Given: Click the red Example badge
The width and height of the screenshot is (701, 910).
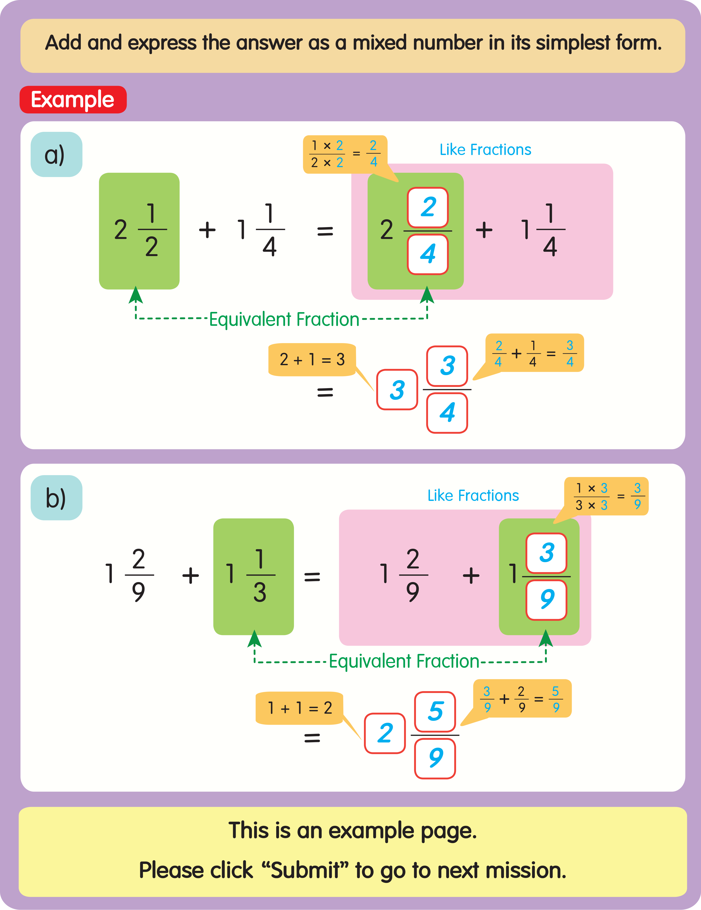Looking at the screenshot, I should [x=73, y=100].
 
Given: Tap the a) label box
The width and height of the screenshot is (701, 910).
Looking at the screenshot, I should [x=56, y=155].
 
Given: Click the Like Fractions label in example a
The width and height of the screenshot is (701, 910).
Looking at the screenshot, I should [x=485, y=150].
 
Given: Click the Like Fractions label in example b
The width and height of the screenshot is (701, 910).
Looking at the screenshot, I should [x=473, y=495].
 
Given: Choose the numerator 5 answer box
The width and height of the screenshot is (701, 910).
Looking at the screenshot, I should [x=435, y=711].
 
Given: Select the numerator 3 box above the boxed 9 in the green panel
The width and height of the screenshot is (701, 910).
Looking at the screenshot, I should [x=546, y=553].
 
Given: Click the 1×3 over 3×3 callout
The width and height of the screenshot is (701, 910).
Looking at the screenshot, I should [x=606, y=496].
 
